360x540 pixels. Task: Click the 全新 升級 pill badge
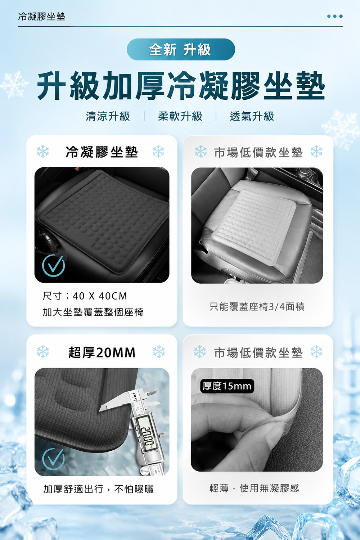pos(181,49)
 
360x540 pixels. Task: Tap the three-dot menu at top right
pos(335,17)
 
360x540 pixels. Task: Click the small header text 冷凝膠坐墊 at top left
pos(42,17)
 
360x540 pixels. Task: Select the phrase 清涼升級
pos(108,116)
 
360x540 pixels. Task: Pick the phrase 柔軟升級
pos(180,116)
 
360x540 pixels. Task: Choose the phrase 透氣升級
pos(252,116)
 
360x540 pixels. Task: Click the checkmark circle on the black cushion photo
pos(53,265)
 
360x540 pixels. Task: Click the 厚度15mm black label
pos(227,386)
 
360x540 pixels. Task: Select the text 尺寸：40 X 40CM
pos(85,296)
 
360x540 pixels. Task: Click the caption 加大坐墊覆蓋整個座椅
pos(93,312)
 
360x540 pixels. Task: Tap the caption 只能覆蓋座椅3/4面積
pos(257,307)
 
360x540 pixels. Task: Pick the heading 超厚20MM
pos(102,353)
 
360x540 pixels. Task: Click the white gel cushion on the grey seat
pos(253,226)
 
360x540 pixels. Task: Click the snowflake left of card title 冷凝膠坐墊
pos(43,152)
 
